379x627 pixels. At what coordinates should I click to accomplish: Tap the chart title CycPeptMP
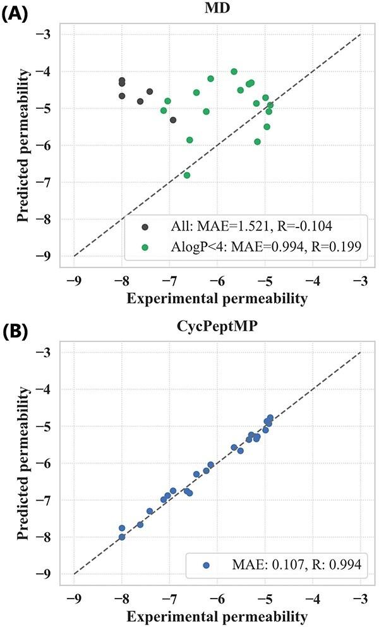217,329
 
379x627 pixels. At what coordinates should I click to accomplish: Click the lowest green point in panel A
187,175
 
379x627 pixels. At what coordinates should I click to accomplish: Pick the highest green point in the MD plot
234,71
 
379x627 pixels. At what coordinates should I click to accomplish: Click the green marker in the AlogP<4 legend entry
146,248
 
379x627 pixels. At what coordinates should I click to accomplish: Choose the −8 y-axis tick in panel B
49,537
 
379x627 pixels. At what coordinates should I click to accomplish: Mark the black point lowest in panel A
173,120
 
